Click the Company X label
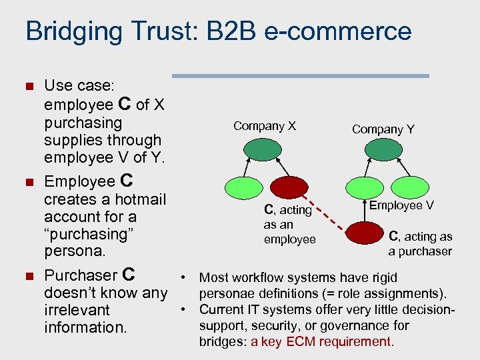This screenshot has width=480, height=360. [265, 126]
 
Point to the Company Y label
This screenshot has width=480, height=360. [383, 129]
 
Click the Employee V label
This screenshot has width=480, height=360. [401, 205]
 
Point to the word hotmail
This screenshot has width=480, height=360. [140, 199]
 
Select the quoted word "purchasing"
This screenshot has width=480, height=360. [86, 234]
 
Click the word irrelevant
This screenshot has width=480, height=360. [77, 310]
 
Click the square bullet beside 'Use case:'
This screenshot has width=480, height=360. [28, 86]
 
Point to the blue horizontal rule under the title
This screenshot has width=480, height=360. [300, 76]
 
